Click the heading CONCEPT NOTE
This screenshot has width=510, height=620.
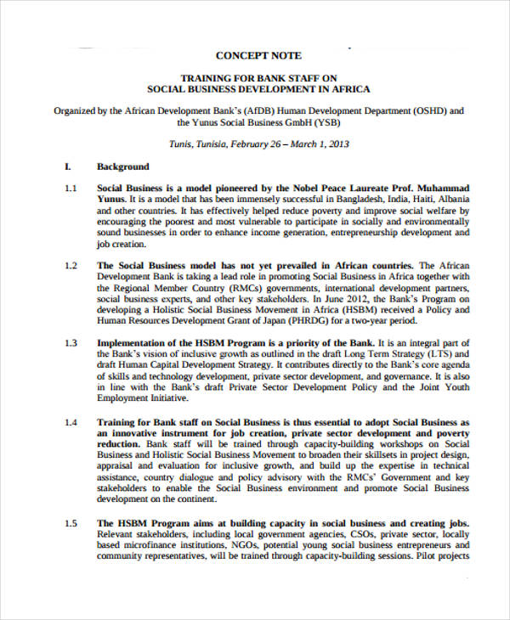[x=258, y=56]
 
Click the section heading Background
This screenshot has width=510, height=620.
[x=123, y=166]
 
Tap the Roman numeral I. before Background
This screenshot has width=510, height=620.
[x=68, y=166]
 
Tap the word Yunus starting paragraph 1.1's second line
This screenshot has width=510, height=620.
[x=111, y=199]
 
